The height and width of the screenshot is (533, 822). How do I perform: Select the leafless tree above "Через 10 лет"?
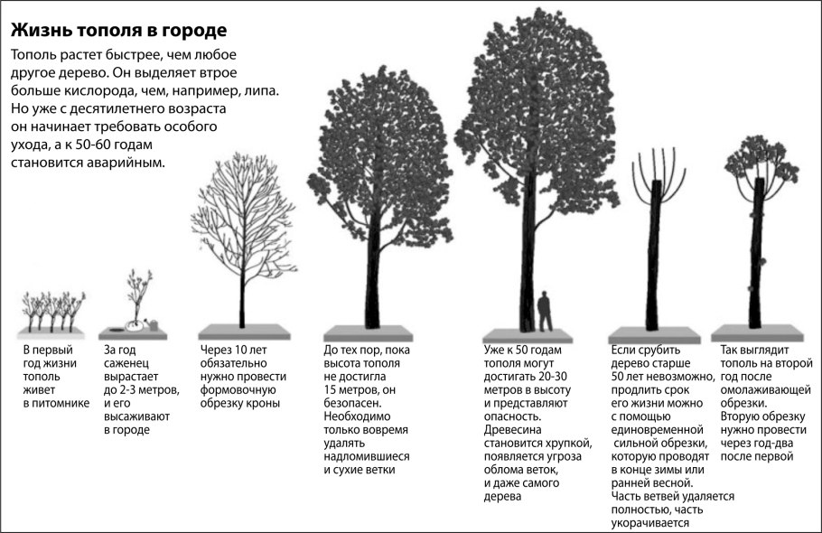(x=241, y=235)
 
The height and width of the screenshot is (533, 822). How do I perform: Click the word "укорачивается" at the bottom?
(x=651, y=522)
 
